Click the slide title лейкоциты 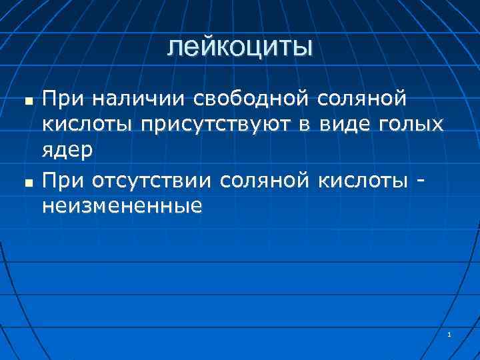tap(239, 47)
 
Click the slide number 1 tap(450, 334)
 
